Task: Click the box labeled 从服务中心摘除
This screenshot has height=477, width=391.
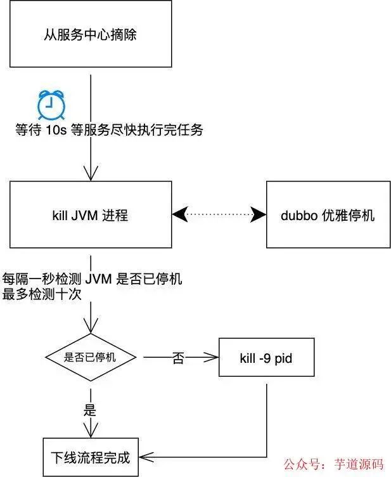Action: coord(91,34)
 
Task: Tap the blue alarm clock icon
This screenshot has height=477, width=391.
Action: coord(51,105)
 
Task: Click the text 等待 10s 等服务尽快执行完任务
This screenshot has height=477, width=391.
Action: coord(109,130)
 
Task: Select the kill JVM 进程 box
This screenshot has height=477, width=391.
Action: coord(91,214)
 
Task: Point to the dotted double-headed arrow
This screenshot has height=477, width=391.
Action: coord(219,214)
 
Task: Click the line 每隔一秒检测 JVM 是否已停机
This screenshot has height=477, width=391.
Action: coord(93,279)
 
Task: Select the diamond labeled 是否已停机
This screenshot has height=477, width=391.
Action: coord(91,357)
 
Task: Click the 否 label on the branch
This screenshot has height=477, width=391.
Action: coord(178,358)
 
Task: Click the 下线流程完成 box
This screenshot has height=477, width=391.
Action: coord(91,457)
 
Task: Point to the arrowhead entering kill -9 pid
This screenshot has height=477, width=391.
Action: coord(213,358)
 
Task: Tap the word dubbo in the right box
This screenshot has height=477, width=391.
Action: coord(296,215)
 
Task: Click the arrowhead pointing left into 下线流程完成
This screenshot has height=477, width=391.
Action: coord(144,457)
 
